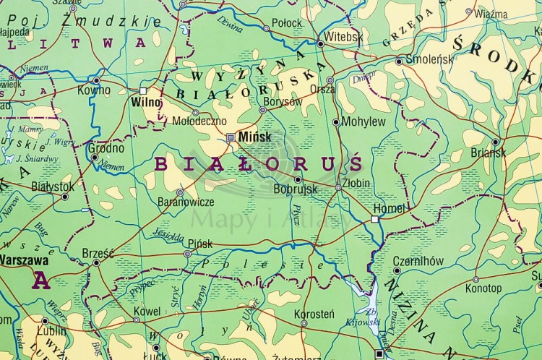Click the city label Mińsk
[254, 137]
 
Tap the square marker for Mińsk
[231, 137]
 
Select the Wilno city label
[145, 102]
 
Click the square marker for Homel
[375, 218]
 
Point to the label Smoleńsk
[429, 59]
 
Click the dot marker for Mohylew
[336, 121]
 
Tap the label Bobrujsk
[296, 190]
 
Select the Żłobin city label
[356, 184]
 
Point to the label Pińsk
[199, 244]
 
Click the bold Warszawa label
[24, 260]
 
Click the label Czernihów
[417, 261]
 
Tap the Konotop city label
[483, 288]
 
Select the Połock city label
[287, 23]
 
